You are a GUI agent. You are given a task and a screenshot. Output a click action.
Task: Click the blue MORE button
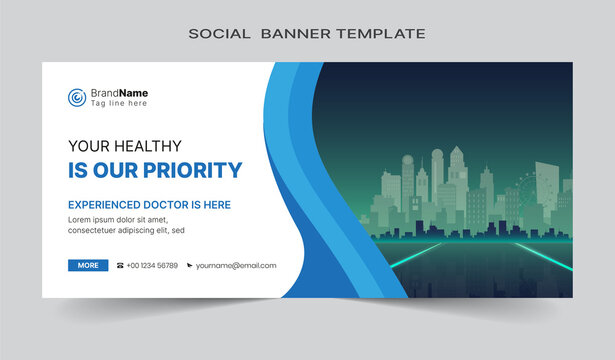point(88,265)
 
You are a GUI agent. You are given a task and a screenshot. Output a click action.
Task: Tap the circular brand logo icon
point(77,97)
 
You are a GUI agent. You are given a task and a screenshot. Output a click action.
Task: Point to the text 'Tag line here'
point(119,103)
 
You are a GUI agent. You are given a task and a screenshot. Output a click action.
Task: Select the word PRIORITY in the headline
point(193,170)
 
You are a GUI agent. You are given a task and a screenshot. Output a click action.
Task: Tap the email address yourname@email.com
point(236,266)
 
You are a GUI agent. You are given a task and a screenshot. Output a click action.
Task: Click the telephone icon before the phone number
point(121,266)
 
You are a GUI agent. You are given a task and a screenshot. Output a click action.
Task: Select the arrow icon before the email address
point(189,266)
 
